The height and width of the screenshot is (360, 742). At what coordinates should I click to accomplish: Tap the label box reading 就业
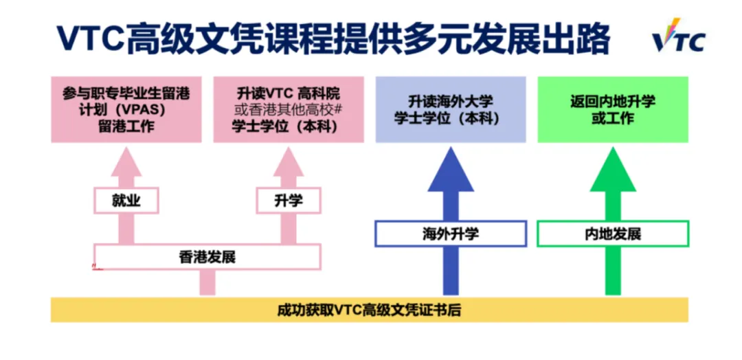(126, 200)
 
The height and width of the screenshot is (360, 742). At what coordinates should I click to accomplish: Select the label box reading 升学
(289, 200)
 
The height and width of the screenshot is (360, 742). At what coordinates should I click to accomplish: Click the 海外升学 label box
(451, 234)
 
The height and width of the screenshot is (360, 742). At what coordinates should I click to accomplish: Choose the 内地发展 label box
(613, 234)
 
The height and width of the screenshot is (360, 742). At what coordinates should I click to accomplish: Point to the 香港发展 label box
(207, 257)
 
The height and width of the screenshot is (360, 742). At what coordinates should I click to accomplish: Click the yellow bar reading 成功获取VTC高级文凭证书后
(369, 309)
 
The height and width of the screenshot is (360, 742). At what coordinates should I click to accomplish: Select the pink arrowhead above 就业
(126, 165)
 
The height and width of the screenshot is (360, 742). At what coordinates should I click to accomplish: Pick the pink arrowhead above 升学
(289, 165)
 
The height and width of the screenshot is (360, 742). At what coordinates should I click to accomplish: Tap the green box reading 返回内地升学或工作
(613, 109)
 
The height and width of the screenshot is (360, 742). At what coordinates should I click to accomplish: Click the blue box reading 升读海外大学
(451, 109)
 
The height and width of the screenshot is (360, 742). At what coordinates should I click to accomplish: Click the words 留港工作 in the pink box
(126, 126)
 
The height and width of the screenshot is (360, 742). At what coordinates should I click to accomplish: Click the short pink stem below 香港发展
(207, 282)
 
